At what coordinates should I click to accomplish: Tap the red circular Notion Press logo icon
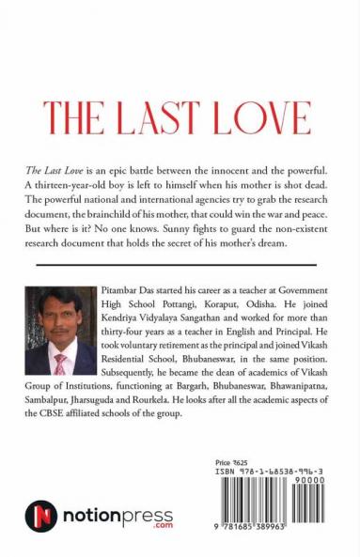tap(41, 518)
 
